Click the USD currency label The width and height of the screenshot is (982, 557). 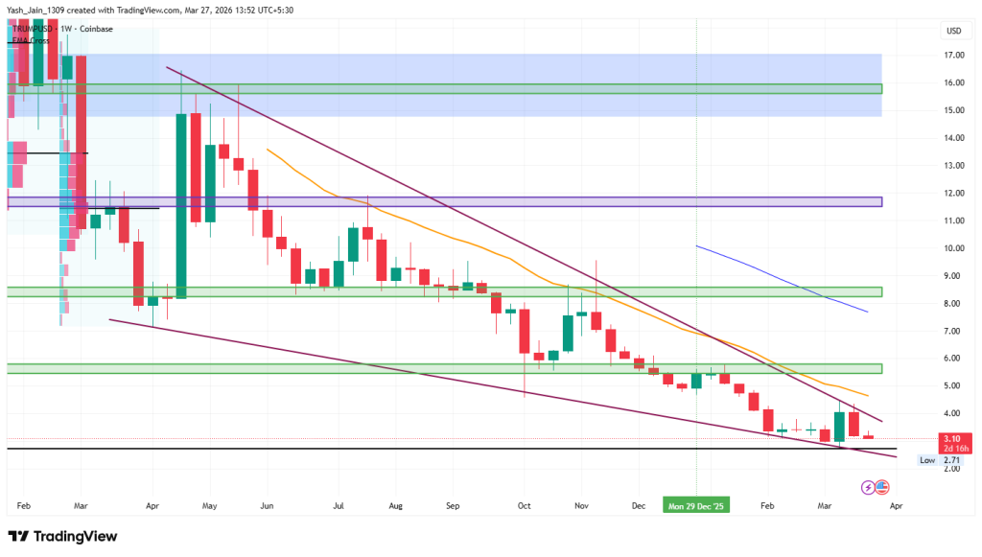pyautogui.click(x=953, y=31)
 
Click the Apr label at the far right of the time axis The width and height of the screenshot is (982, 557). pyautogui.click(x=895, y=503)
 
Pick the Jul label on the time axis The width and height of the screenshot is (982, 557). pyautogui.click(x=339, y=503)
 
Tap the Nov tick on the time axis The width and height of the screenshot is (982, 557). pyautogui.click(x=581, y=503)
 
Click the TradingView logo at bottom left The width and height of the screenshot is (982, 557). pyautogui.click(x=63, y=536)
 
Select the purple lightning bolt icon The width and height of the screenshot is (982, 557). pyautogui.click(x=869, y=487)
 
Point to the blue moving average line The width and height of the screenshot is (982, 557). pyautogui.click(x=786, y=281)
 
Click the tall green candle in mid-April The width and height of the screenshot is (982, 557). pyautogui.click(x=180, y=205)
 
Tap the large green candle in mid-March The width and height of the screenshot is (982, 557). pyautogui.click(x=839, y=425)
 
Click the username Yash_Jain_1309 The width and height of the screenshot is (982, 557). pyautogui.click(x=41, y=10)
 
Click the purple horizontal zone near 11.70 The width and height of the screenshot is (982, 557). pyautogui.click(x=479, y=202)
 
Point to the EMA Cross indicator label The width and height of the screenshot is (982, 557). pyautogui.click(x=32, y=40)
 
